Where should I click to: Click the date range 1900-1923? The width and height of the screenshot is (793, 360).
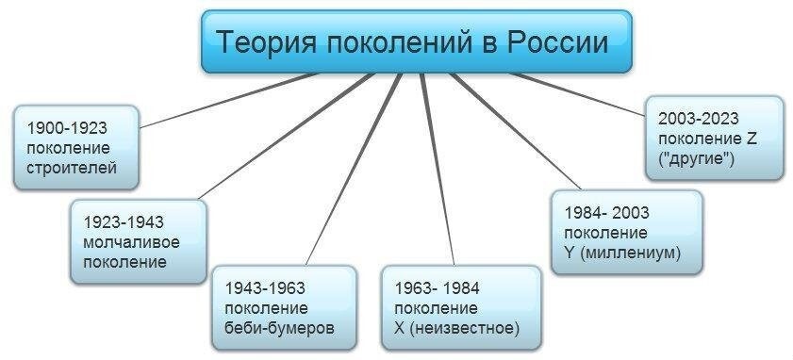tap(67, 127)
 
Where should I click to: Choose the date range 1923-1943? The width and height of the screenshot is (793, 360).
tap(124, 222)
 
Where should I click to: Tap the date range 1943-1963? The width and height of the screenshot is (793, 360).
tap(265, 288)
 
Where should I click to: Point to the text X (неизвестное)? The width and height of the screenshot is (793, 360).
tap(456, 329)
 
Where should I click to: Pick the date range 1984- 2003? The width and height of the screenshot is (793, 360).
tap(608, 212)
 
